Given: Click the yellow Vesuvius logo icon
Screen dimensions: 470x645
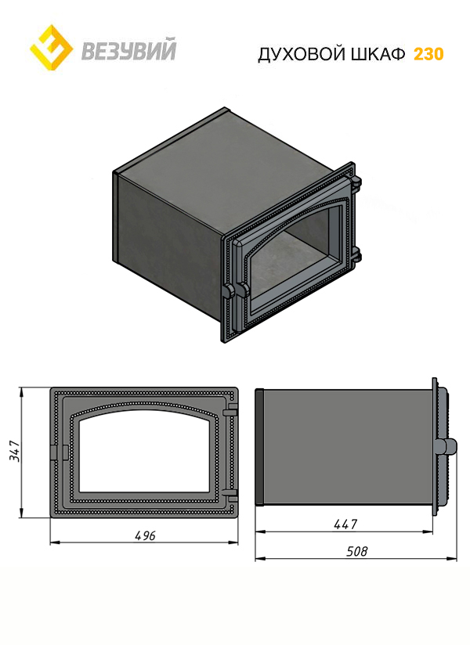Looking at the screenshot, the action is [x=52, y=47].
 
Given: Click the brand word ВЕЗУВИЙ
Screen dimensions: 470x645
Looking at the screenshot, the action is [x=128, y=49].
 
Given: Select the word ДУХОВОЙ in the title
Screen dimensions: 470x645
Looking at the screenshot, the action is [x=302, y=54].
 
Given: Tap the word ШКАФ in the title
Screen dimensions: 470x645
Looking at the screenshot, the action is [x=378, y=54].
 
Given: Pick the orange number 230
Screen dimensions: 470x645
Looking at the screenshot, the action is [x=428, y=54].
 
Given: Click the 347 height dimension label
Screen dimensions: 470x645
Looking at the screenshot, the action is [x=14, y=451].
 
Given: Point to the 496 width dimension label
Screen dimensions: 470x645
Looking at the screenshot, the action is [x=145, y=535].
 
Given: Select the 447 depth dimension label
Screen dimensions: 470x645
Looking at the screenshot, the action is [x=345, y=524].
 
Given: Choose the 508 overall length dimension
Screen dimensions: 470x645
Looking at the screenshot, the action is [x=356, y=551].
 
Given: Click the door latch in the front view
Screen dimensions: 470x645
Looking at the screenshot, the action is [x=60, y=452].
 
